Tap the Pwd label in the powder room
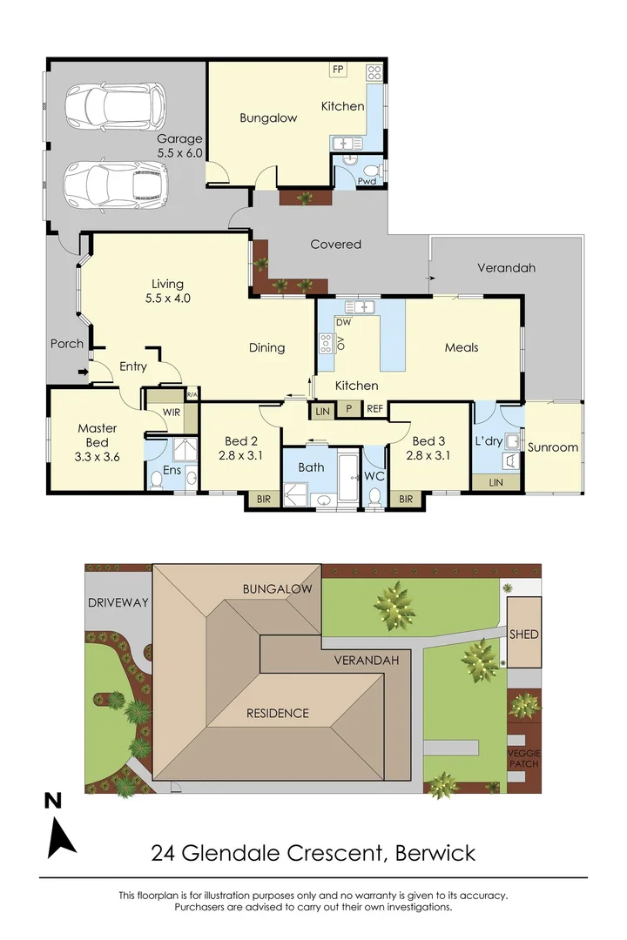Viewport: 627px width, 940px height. [x=367, y=181]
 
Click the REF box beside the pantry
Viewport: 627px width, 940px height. [x=374, y=409]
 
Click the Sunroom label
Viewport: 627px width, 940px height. [x=553, y=447]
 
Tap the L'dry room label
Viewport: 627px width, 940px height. [x=489, y=441]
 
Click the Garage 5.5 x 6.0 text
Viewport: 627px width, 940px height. [x=179, y=145]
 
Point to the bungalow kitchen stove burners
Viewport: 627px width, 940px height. [x=374, y=73]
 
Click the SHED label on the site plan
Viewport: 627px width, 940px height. [x=523, y=634]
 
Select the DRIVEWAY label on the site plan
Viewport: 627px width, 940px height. [x=118, y=602]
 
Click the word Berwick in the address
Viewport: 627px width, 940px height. [x=435, y=852]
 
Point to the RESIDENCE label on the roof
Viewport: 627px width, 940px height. [x=277, y=714]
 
